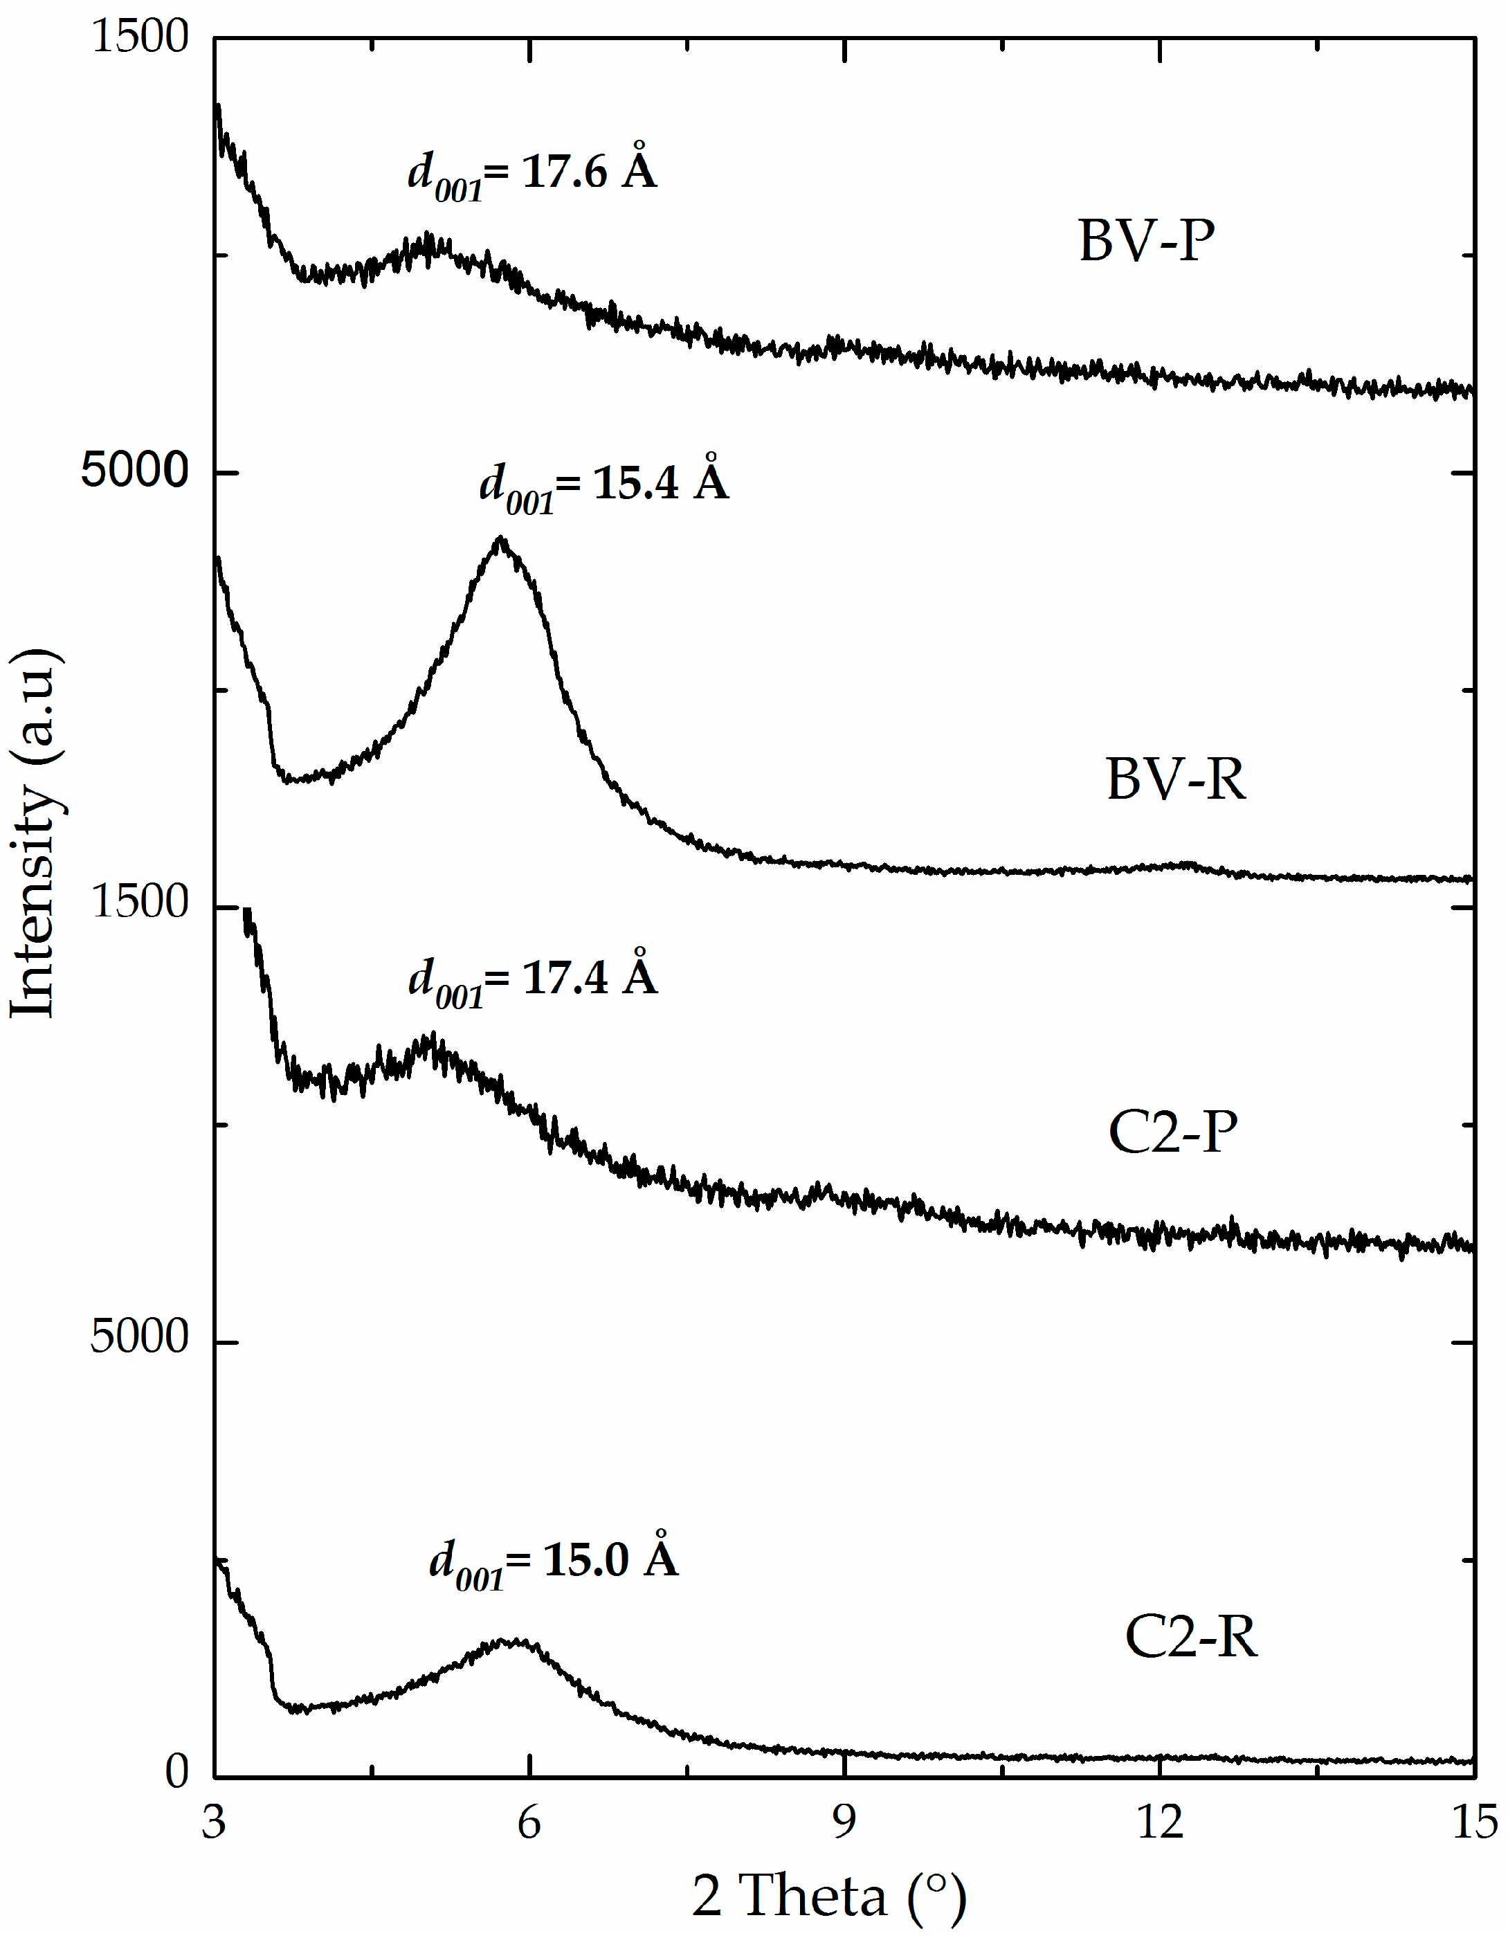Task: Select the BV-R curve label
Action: (1175, 780)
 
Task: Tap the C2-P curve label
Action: (1172, 1132)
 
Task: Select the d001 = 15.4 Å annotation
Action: (604, 484)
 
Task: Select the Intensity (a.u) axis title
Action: (35, 834)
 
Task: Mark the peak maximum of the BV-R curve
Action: (501, 538)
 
